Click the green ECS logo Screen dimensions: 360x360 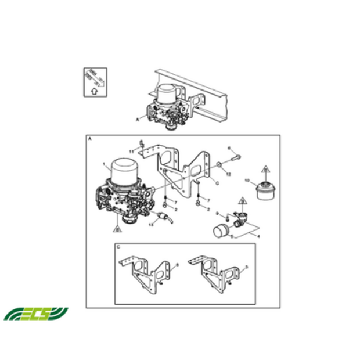tap(35, 314)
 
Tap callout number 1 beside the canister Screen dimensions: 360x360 tap(104, 164)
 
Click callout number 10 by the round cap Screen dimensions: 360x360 tap(247, 181)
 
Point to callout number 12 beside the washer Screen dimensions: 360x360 tap(229, 174)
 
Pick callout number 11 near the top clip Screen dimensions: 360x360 tap(132, 151)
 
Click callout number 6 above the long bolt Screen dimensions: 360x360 tap(229, 149)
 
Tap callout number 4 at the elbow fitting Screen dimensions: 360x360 tap(258, 236)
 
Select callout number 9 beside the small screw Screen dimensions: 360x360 tap(216, 214)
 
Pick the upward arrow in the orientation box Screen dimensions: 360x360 tap(92, 91)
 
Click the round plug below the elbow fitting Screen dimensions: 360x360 tap(221, 231)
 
